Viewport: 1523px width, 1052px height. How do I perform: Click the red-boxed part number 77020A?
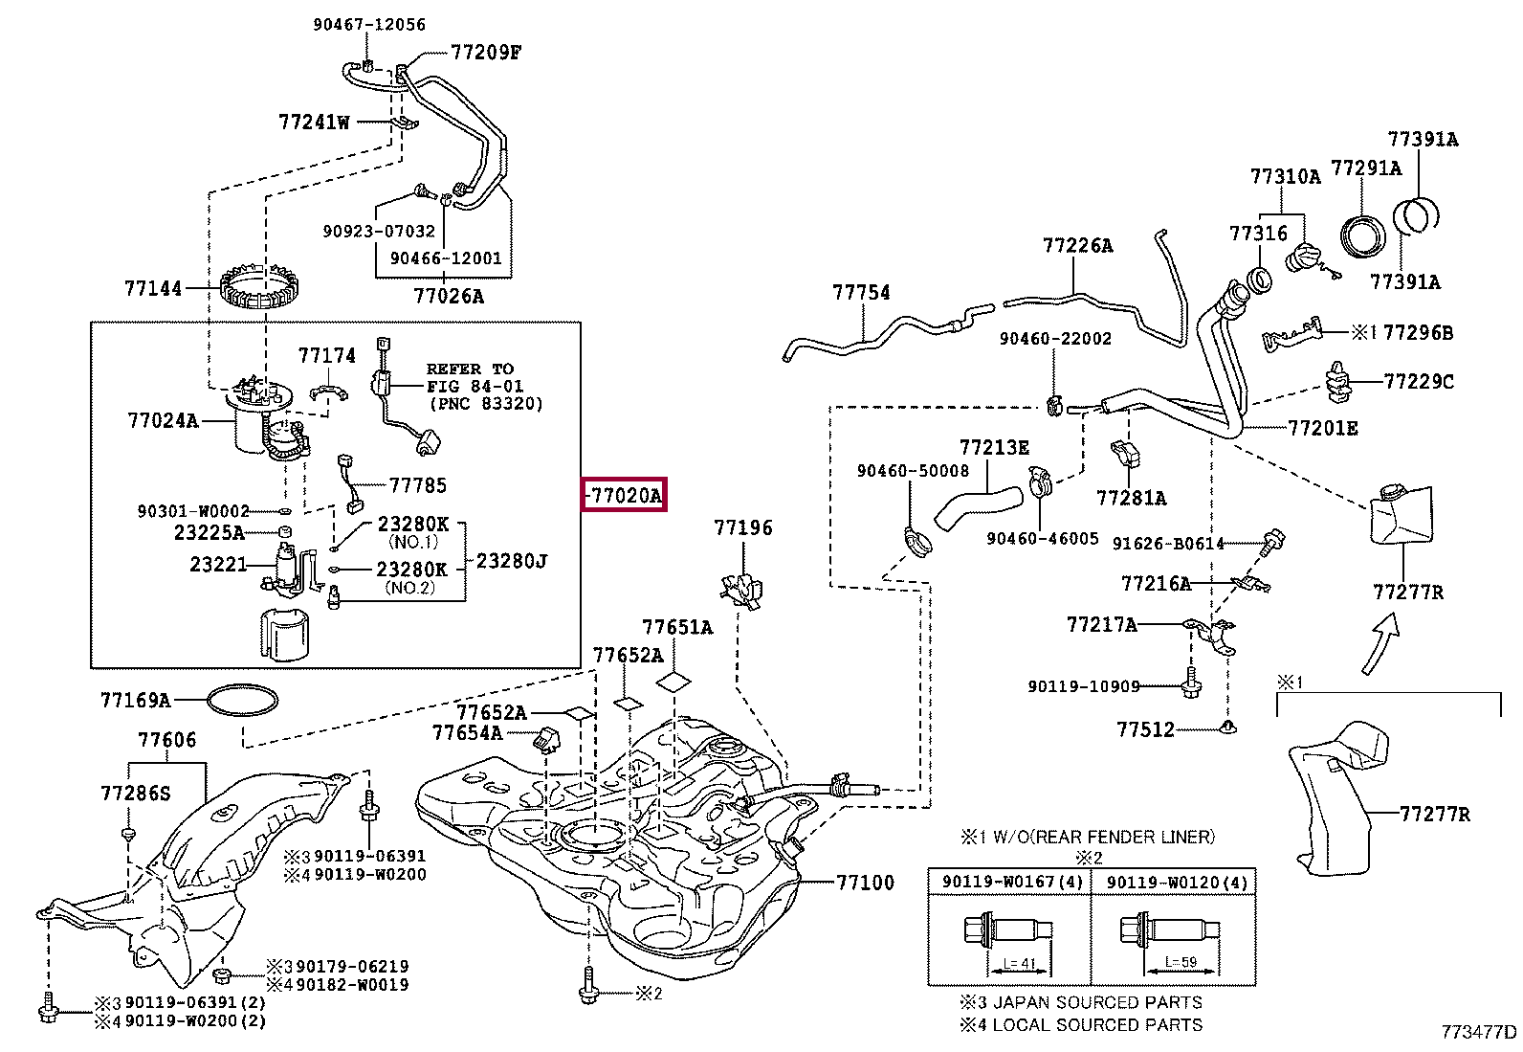pyautogui.click(x=624, y=496)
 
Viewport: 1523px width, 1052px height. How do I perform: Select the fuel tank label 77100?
pyautogui.click(x=865, y=882)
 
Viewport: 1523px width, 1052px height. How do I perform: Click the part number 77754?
pyautogui.click(x=860, y=292)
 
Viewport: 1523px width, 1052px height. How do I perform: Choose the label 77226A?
pyautogui.click(x=1077, y=246)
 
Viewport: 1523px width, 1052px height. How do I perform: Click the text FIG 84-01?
pyautogui.click(x=470, y=387)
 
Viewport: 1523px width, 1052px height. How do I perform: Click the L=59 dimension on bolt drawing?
pyautogui.click(x=1181, y=962)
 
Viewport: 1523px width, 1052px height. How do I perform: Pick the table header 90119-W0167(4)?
pyautogui.click(x=1009, y=882)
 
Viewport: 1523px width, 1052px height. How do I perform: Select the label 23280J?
pyautogui.click(x=512, y=561)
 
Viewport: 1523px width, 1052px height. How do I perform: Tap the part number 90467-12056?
pyautogui.click(x=369, y=25)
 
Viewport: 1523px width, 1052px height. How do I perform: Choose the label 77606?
pyautogui.click(x=166, y=739)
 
